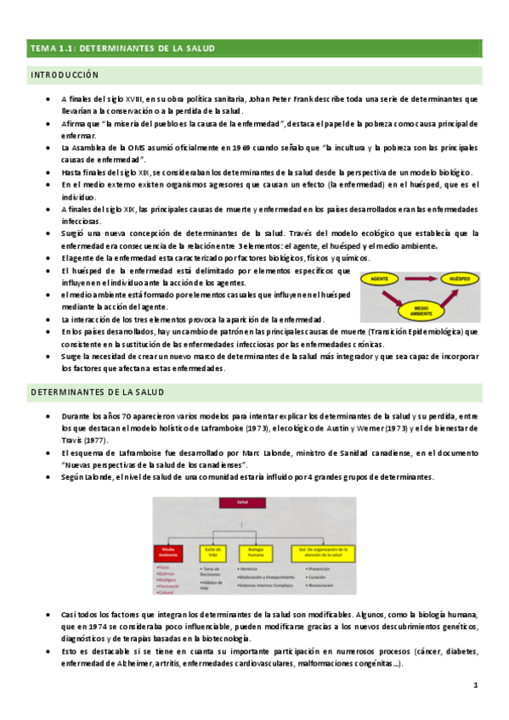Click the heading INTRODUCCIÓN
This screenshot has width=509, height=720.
[65, 76]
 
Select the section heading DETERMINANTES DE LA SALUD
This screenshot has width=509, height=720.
[98, 392]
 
